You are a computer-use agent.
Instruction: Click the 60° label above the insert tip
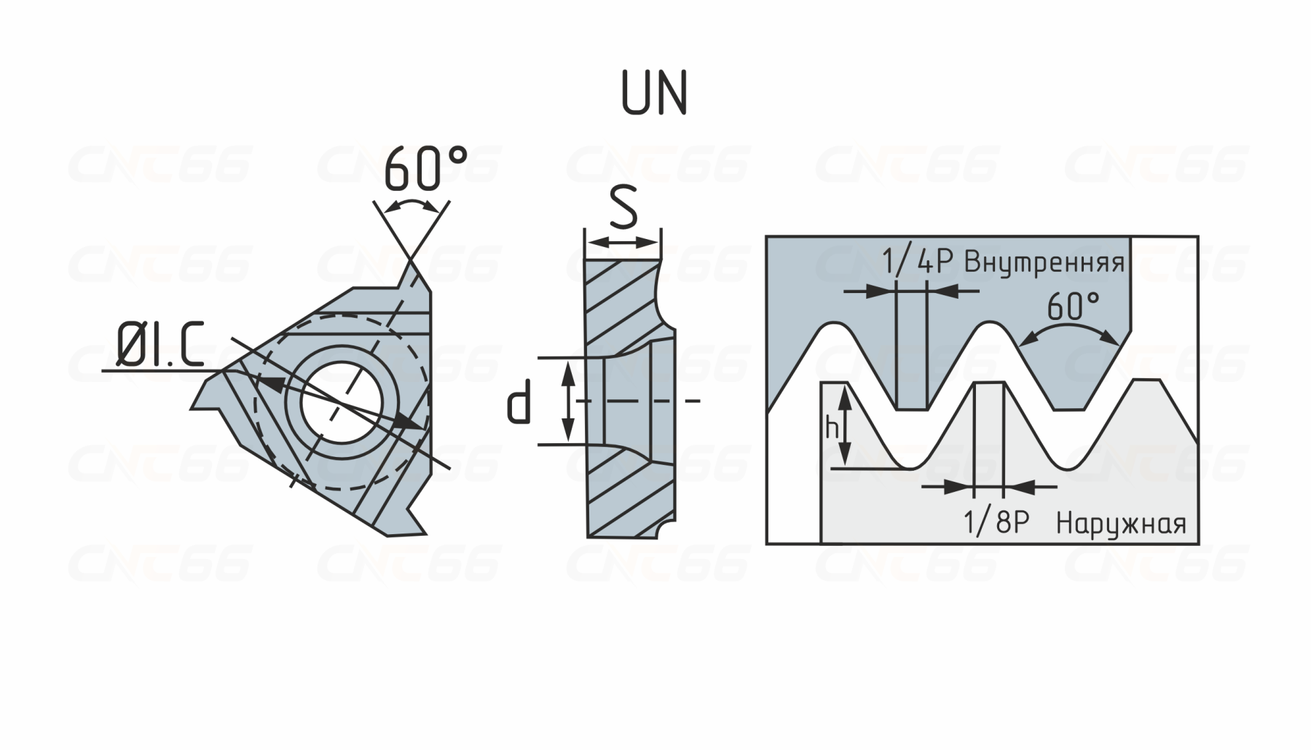[425, 168]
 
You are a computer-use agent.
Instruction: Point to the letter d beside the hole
[519, 405]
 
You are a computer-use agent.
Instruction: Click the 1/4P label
[917, 261]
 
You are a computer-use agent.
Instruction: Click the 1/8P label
[996, 522]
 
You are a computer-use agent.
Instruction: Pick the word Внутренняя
[1044, 262]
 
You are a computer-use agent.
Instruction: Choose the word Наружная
[1121, 523]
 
